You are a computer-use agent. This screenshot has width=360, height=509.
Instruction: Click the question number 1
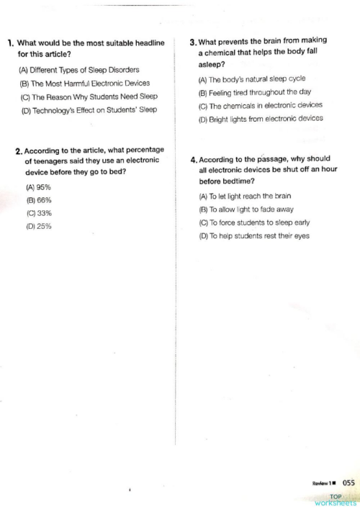[x=10, y=42]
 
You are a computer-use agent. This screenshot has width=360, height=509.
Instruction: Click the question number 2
[x=19, y=151]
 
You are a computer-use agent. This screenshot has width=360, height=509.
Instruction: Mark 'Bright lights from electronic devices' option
[x=260, y=119]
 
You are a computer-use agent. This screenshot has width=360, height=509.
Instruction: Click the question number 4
[x=194, y=159]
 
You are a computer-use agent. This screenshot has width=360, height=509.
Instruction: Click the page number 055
[x=348, y=483]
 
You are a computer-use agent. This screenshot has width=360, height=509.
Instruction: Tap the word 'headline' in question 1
[x=148, y=42]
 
